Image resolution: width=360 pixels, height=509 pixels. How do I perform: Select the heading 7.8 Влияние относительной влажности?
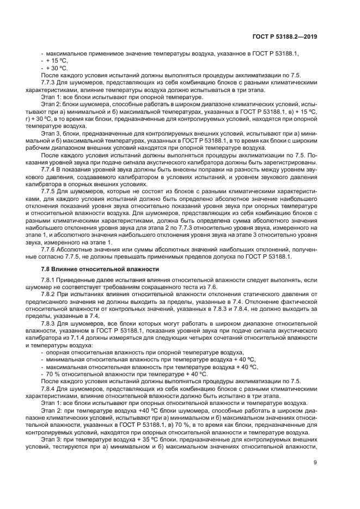tap(100, 269)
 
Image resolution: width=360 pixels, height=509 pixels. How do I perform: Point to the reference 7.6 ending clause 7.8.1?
tap(212, 287)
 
